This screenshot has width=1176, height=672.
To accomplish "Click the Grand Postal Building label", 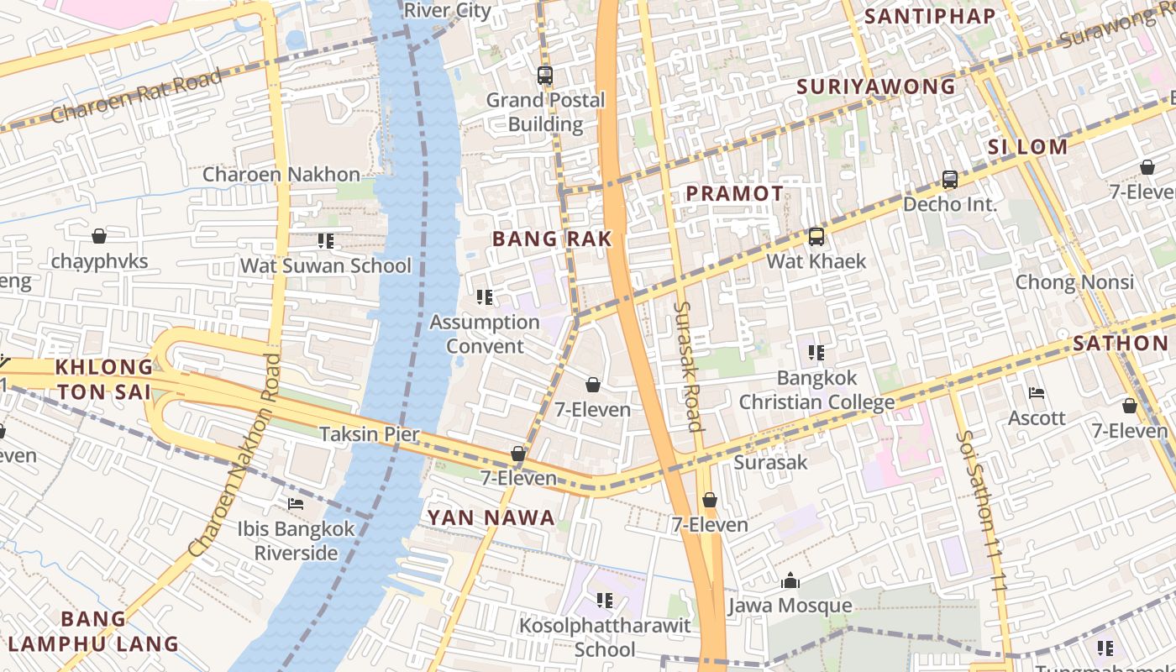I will (546, 112).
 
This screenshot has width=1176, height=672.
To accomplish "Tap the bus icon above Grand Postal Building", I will (545, 76).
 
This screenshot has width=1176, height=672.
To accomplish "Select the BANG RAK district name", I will (552, 239).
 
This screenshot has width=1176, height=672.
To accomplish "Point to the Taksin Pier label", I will (369, 434).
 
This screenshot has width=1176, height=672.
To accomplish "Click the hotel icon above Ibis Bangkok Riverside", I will (296, 504).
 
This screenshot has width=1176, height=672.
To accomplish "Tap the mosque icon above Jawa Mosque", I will (790, 580).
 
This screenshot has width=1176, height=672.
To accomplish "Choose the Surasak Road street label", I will (687, 366).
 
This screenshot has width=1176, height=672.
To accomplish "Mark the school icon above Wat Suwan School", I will (326, 242).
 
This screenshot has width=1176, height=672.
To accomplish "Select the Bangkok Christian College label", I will (816, 390).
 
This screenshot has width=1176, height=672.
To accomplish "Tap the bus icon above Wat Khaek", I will (816, 237).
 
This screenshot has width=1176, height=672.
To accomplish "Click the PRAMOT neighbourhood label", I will (734, 193).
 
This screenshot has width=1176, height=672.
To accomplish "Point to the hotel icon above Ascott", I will (1037, 393).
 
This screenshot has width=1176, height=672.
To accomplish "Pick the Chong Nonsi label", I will (1074, 281).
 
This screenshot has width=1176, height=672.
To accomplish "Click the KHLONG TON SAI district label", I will (104, 380).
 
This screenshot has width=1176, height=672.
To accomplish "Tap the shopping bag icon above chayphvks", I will (99, 236).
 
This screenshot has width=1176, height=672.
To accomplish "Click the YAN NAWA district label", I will (491, 517).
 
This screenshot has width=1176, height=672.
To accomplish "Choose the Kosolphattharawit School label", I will (605, 638).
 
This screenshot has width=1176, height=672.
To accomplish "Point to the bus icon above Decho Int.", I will (950, 180).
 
